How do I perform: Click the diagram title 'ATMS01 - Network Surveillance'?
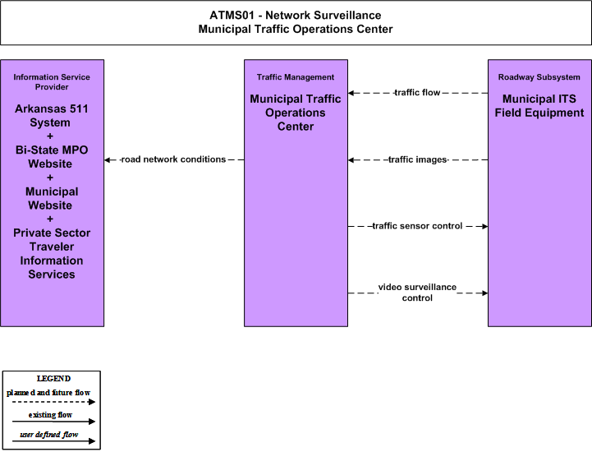click(296, 15)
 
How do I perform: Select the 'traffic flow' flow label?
click(417, 93)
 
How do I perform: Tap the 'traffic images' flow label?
click(418, 160)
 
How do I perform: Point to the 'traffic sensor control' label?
click(417, 226)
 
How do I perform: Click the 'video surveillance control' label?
click(417, 293)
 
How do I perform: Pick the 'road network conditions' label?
click(174, 159)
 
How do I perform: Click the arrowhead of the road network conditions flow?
click(108, 160)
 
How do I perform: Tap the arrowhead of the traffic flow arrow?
click(351, 93)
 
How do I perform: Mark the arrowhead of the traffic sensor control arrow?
click(484, 226)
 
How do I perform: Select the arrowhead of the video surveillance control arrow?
click(484, 293)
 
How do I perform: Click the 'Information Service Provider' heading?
click(52, 82)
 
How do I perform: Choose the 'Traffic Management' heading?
click(296, 77)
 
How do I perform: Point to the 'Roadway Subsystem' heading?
click(539, 77)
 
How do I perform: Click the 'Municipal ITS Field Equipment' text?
click(539, 106)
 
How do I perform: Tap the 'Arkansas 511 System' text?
click(52, 116)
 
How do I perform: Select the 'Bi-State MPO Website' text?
click(52, 157)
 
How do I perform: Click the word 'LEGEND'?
click(53, 379)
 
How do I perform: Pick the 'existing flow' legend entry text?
click(50, 415)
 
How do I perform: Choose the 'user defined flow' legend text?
click(49, 435)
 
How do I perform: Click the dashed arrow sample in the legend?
click(53, 402)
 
